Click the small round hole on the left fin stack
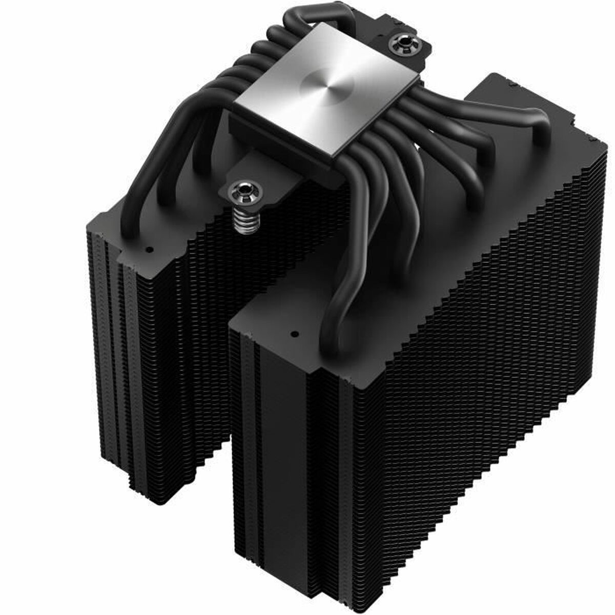(149, 251)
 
